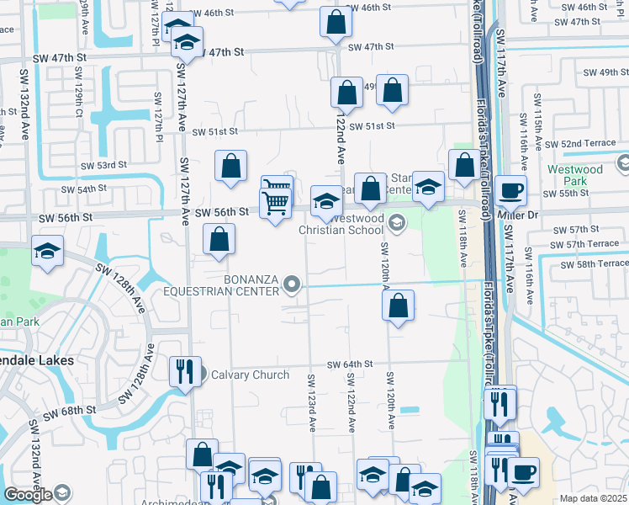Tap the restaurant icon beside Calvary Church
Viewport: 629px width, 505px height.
(x=184, y=371)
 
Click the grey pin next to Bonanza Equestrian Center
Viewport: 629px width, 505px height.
(x=292, y=284)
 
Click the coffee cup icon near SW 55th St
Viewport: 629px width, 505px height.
(x=510, y=190)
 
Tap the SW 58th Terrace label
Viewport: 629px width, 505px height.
(x=584, y=263)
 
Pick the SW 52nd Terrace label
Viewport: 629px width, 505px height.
(x=589, y=144)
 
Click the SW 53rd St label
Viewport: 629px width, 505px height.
(x=103, y=165)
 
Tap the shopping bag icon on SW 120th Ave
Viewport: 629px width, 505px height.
(x=399, y=306)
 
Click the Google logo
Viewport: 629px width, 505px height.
(x=28, y=495)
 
